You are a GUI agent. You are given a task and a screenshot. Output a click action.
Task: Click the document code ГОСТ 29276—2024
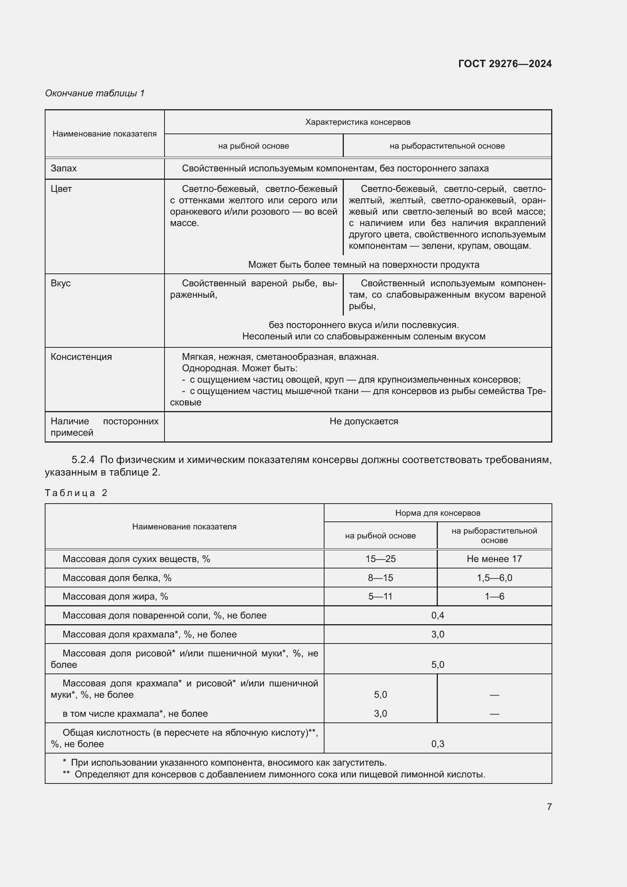tap(505, 64)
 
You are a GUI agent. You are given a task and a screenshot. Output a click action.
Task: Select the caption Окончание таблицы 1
tap(95, 93)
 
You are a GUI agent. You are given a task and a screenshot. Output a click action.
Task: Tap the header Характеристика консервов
tap(357, 122)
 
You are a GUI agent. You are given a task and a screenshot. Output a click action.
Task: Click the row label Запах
tap(64, 168)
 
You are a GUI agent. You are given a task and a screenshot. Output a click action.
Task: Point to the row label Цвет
tap(61, 189)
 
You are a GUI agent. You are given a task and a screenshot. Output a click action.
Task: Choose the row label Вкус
tap(61, 283)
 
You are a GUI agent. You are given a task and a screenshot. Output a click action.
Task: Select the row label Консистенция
tap(81, 356)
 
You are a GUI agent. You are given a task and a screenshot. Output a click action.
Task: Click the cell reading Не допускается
tap(363, 421)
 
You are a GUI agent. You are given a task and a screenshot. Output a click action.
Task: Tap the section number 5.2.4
tap(83, 460)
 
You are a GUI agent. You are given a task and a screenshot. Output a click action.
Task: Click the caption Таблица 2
tap(76, 493)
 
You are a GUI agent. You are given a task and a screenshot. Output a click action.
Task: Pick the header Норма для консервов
tap(437, 513)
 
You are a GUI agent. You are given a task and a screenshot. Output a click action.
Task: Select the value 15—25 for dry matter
tap(380, 559)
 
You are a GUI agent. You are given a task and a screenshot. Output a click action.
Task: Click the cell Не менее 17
tap(494, 559)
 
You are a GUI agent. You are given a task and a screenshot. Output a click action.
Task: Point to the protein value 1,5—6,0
tap(494, 578)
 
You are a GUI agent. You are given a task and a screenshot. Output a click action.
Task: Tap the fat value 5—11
tap(380, 596)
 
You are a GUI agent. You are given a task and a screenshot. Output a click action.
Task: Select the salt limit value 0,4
tap(437, 615)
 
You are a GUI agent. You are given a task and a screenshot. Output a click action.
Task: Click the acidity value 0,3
tap(437, 744)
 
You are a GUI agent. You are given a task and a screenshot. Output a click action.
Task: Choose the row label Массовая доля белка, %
tap(117, 578)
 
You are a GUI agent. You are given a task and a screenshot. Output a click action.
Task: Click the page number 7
tap(549, 807)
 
